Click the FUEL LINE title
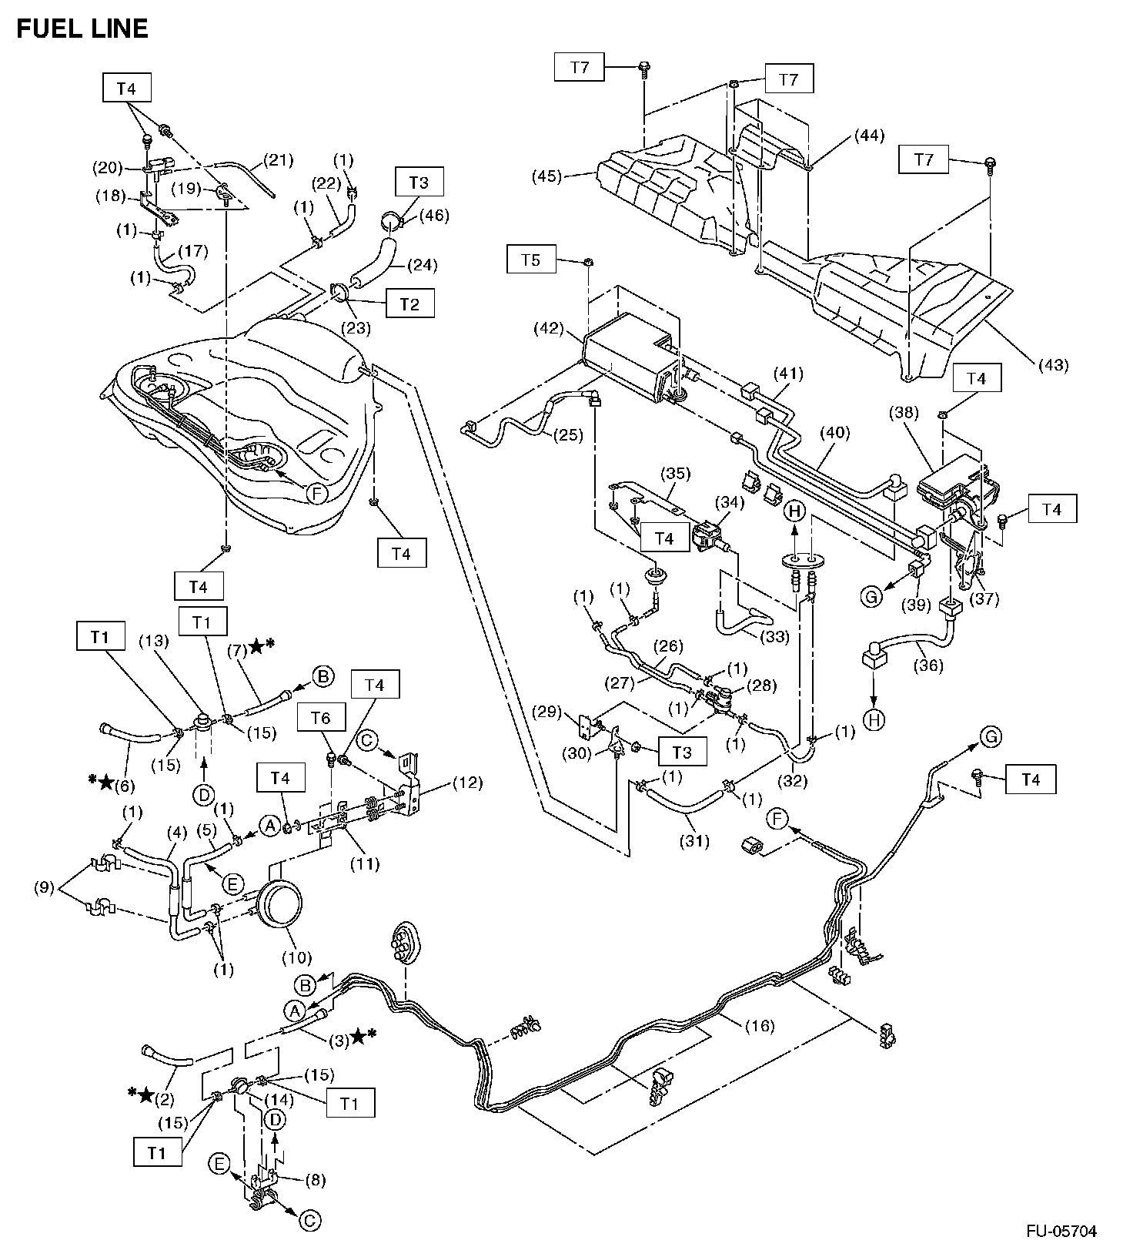(82, 29)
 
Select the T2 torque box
(409, 303)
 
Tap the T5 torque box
(531, 260)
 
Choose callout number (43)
(1052, 365)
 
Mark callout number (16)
(759, 1026)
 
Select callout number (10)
(296, 958)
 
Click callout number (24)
(423, 266)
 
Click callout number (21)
(279, 161)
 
